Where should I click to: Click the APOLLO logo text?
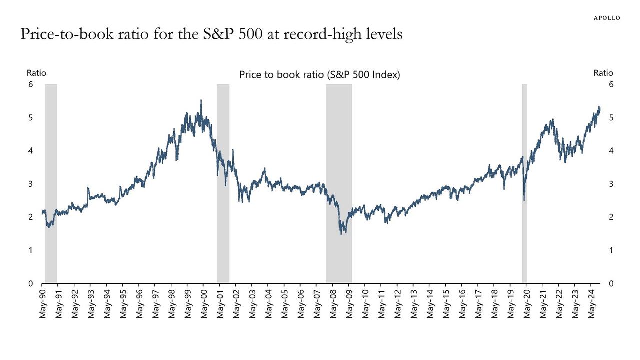point(607,18)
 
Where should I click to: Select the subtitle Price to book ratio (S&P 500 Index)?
point(320,75)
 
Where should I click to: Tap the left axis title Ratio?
point(36,73)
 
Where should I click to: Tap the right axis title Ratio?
point(603,73)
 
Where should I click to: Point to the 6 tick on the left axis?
point(30,84)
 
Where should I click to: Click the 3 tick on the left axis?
point(30,184)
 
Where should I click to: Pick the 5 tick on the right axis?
point(611,117)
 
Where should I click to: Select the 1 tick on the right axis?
point(611,250)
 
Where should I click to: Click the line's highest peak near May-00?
point(201,100)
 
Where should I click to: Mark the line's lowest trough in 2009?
point(341,233)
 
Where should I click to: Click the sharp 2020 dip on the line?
point(524,200)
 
